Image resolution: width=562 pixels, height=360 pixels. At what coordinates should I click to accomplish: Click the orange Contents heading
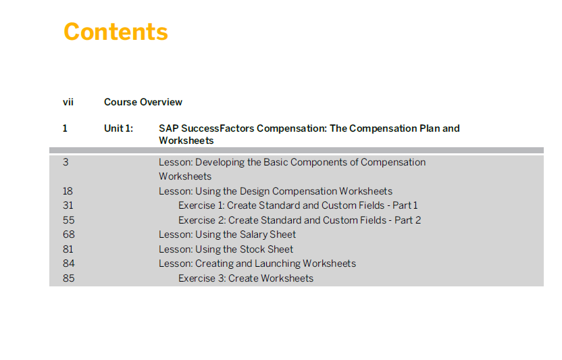(x=116, y=32)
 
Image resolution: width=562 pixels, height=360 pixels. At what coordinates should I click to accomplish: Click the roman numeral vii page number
(x=68, y=102)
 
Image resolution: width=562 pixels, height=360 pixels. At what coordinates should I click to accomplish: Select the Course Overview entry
(x=143, y=102)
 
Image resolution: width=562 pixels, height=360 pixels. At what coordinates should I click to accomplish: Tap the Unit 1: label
(x=118, y=128)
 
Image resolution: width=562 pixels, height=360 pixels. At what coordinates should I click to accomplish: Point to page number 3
(x=66, y=162)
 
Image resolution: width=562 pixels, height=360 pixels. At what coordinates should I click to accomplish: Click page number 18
(x=68, y=191)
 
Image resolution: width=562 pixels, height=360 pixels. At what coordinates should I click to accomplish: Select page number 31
(x=68, y=205)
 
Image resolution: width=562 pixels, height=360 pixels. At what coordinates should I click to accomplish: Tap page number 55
(x=68, y=220)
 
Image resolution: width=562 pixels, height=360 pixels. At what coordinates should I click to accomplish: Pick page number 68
(x=69, y=234)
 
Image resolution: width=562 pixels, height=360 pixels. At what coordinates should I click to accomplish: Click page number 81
(x=68, y=249)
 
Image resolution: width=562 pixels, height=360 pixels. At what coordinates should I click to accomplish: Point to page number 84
(x=69, y=263)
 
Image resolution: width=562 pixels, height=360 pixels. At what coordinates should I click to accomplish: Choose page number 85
(x=69, y=278)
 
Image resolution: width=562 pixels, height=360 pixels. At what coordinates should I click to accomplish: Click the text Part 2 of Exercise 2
(x=407, y=220)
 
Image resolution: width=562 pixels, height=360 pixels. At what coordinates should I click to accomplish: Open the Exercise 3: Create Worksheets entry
(x=246, y=278)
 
